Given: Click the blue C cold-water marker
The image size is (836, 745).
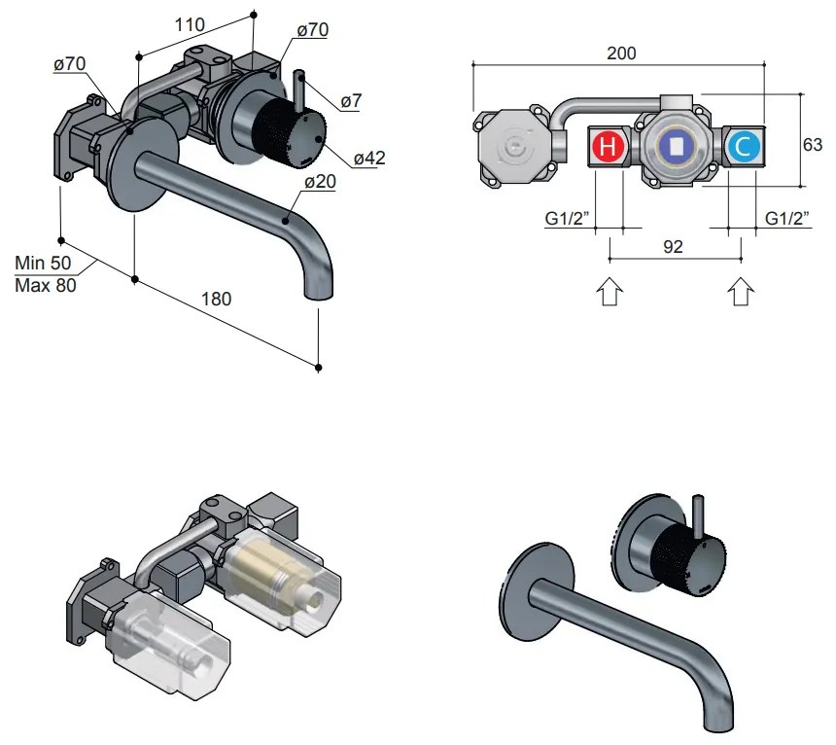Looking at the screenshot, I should [x=743, y=148].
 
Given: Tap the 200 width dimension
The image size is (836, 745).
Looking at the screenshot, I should [x=621, y=53].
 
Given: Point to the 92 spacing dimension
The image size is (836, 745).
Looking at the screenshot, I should [x=673, y=247].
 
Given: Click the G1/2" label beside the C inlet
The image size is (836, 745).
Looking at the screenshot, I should [x=785, y=219].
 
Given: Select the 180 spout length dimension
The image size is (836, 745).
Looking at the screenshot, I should [x=216, y=300].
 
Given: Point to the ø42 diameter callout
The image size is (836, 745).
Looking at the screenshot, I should [x=368, y=158].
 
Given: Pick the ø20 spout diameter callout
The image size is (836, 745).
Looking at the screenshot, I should [x=321, y=182].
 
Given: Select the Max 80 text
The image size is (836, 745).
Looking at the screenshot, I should [x=46, y=285].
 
